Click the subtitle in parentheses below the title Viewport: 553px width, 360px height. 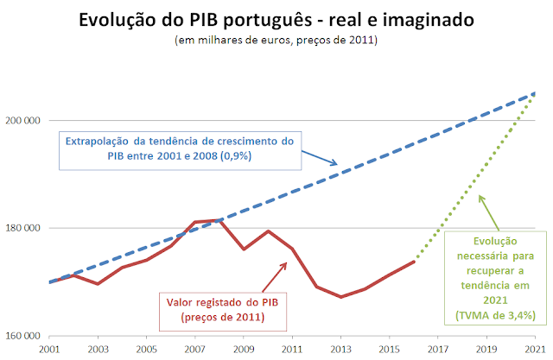pos(276,40)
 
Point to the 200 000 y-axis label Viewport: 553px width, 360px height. pos(25,120)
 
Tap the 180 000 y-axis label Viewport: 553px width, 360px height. pos(25,228)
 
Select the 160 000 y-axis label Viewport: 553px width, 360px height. pos(25,336)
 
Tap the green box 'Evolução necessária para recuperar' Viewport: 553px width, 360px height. pos(498,278)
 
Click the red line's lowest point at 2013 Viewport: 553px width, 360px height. pos(341,296)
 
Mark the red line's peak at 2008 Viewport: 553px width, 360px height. pos(220,220)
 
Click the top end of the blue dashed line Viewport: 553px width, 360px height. pos(535,93)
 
